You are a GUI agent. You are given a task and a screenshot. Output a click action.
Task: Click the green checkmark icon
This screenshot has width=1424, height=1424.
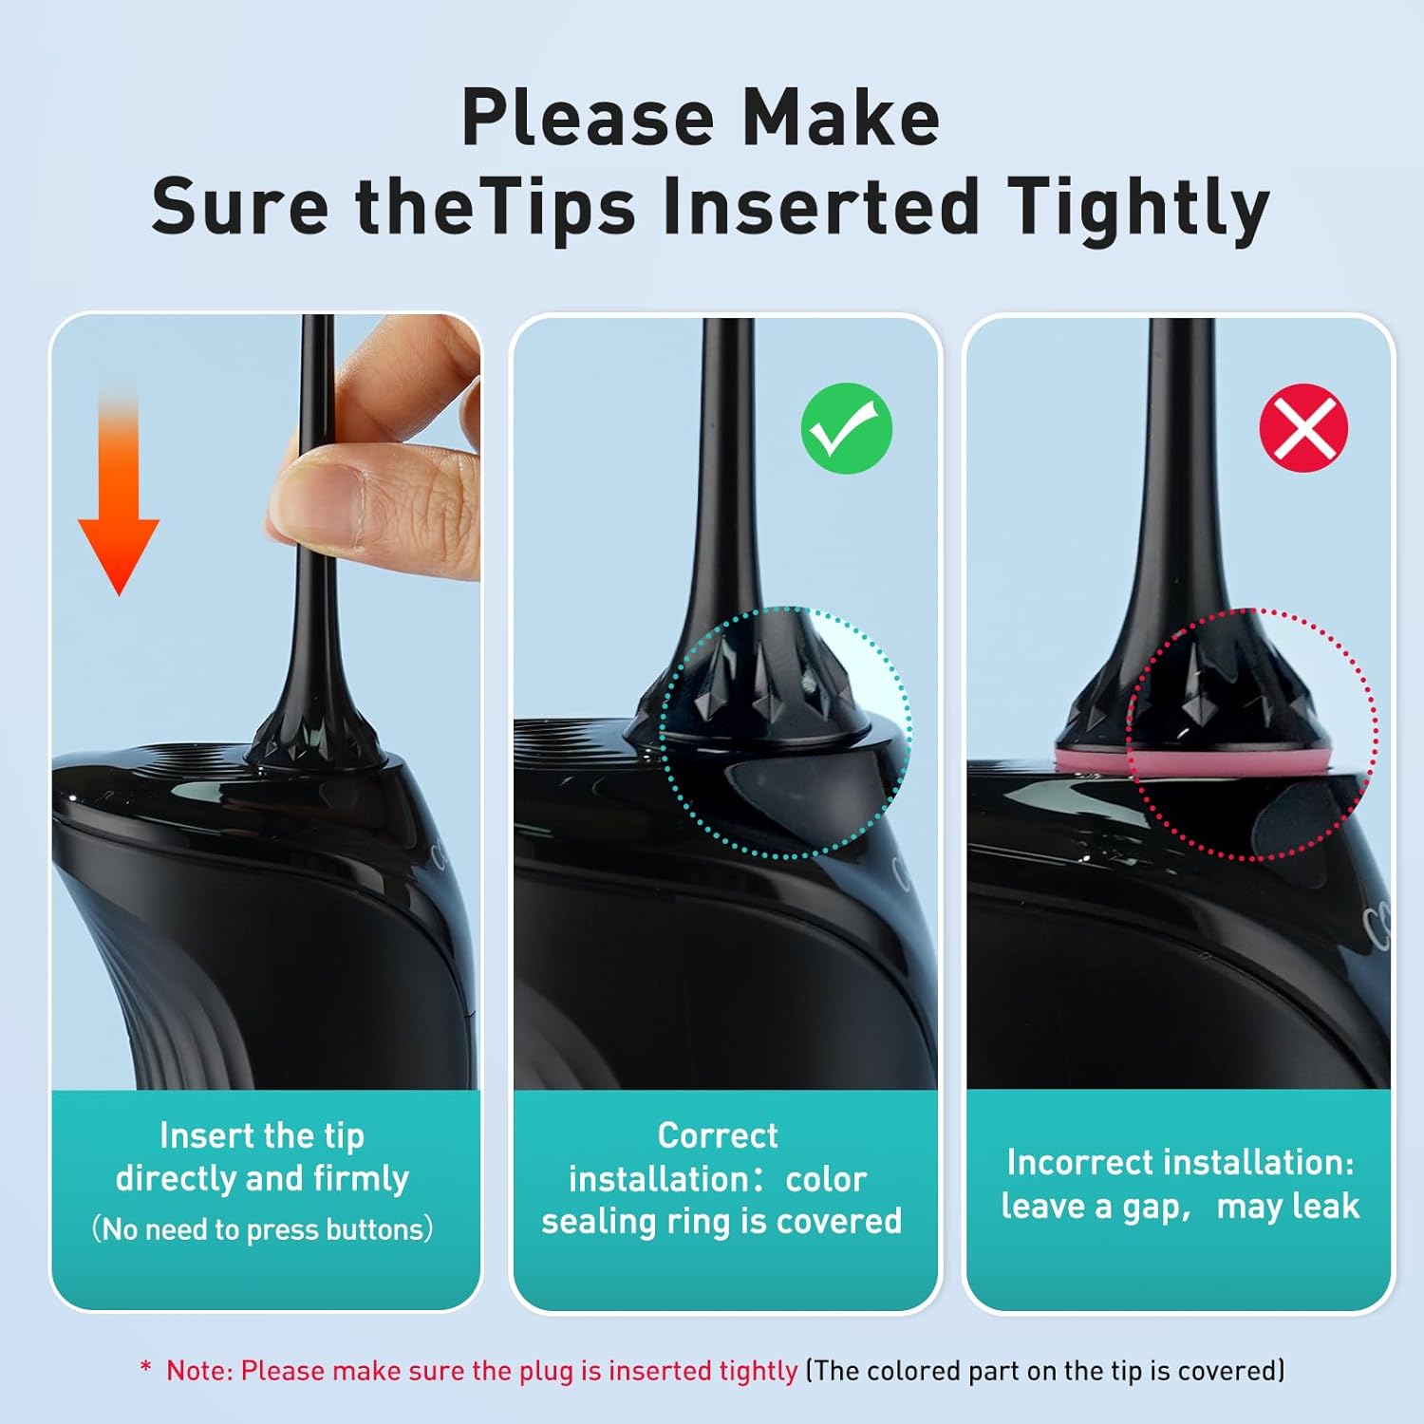pos(847,428)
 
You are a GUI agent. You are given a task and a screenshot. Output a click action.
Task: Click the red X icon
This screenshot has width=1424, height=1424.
pos(1303,428)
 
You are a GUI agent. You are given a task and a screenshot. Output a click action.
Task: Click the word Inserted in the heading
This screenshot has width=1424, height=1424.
pos(820,207)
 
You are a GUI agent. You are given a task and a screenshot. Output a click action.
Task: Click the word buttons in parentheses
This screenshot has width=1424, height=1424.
pos(374,1229)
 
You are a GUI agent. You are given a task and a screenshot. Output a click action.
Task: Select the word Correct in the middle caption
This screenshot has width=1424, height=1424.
pos(718,1135)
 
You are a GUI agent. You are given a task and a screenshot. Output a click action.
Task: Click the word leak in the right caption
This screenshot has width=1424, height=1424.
pos(1325,1206)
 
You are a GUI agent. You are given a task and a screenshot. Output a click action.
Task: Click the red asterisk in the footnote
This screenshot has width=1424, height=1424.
pos(145,1369)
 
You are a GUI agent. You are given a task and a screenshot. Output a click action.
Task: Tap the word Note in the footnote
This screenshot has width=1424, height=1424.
pos(197,1371)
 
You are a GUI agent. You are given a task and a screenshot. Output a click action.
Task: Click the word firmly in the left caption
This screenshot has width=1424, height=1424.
pos(361,1178)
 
